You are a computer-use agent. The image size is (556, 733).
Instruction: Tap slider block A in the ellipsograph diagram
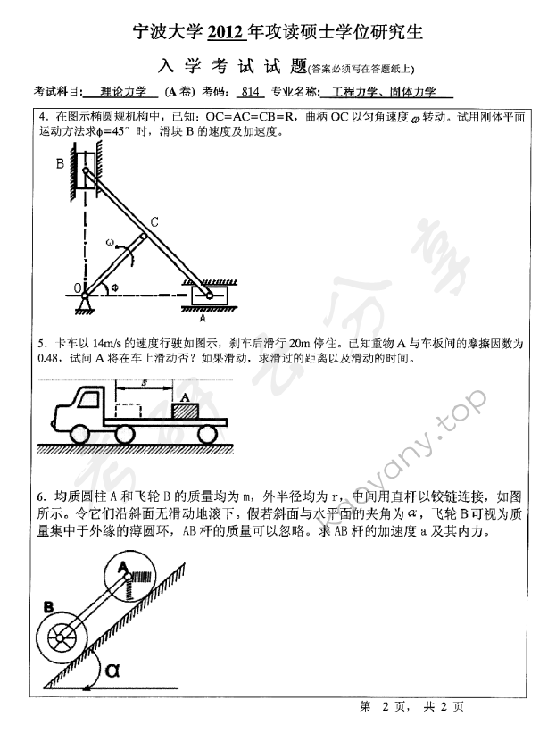pyautogui.click(x=207, y=293)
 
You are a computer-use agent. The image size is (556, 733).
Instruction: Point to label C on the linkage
pyautogui.click(x=154, y=221)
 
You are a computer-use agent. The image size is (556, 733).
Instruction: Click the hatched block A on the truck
pyautogui.click(x=185, y=410)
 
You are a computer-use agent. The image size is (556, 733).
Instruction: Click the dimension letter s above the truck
pyautogui.click(x=145, y=383)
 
